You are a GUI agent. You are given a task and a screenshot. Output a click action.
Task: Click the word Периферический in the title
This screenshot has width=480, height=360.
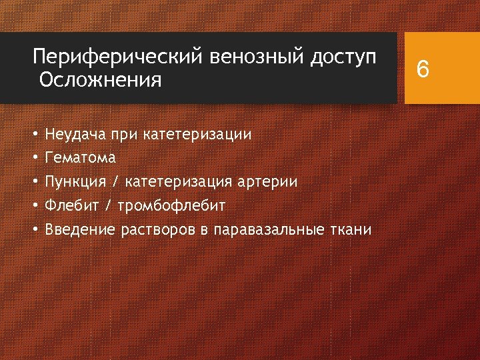click(x=117, y=56)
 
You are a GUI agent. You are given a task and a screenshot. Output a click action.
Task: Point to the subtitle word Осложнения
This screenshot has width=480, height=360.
click(x=100, y=81)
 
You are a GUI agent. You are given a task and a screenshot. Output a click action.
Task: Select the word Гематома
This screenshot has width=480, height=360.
click(x=80, y=158)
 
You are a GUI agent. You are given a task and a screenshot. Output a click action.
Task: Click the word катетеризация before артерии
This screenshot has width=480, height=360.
click(x=181, y=182)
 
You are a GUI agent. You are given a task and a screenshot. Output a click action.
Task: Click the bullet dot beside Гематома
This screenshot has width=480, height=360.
click(x=35, y=158)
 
